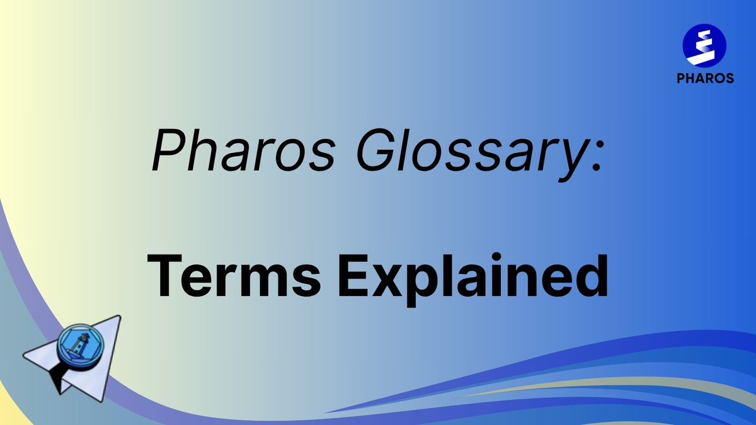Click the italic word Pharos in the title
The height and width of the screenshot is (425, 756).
click(x=244, y=150)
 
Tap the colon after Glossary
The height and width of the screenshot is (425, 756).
click(x=596, y=157)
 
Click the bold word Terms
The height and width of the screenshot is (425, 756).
click(x=234, y=276)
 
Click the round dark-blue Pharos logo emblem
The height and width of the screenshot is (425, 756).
click(x=704, y=46)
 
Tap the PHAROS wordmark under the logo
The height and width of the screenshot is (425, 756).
click(x=705, y=78)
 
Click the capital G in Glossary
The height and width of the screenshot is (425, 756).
click(x=377, y=150)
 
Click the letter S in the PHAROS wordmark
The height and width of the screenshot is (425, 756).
click(x=729, y=78)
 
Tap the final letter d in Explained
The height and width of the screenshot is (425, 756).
click(x=592, y=276)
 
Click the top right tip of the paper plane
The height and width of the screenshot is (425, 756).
click(x=120, y=316)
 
